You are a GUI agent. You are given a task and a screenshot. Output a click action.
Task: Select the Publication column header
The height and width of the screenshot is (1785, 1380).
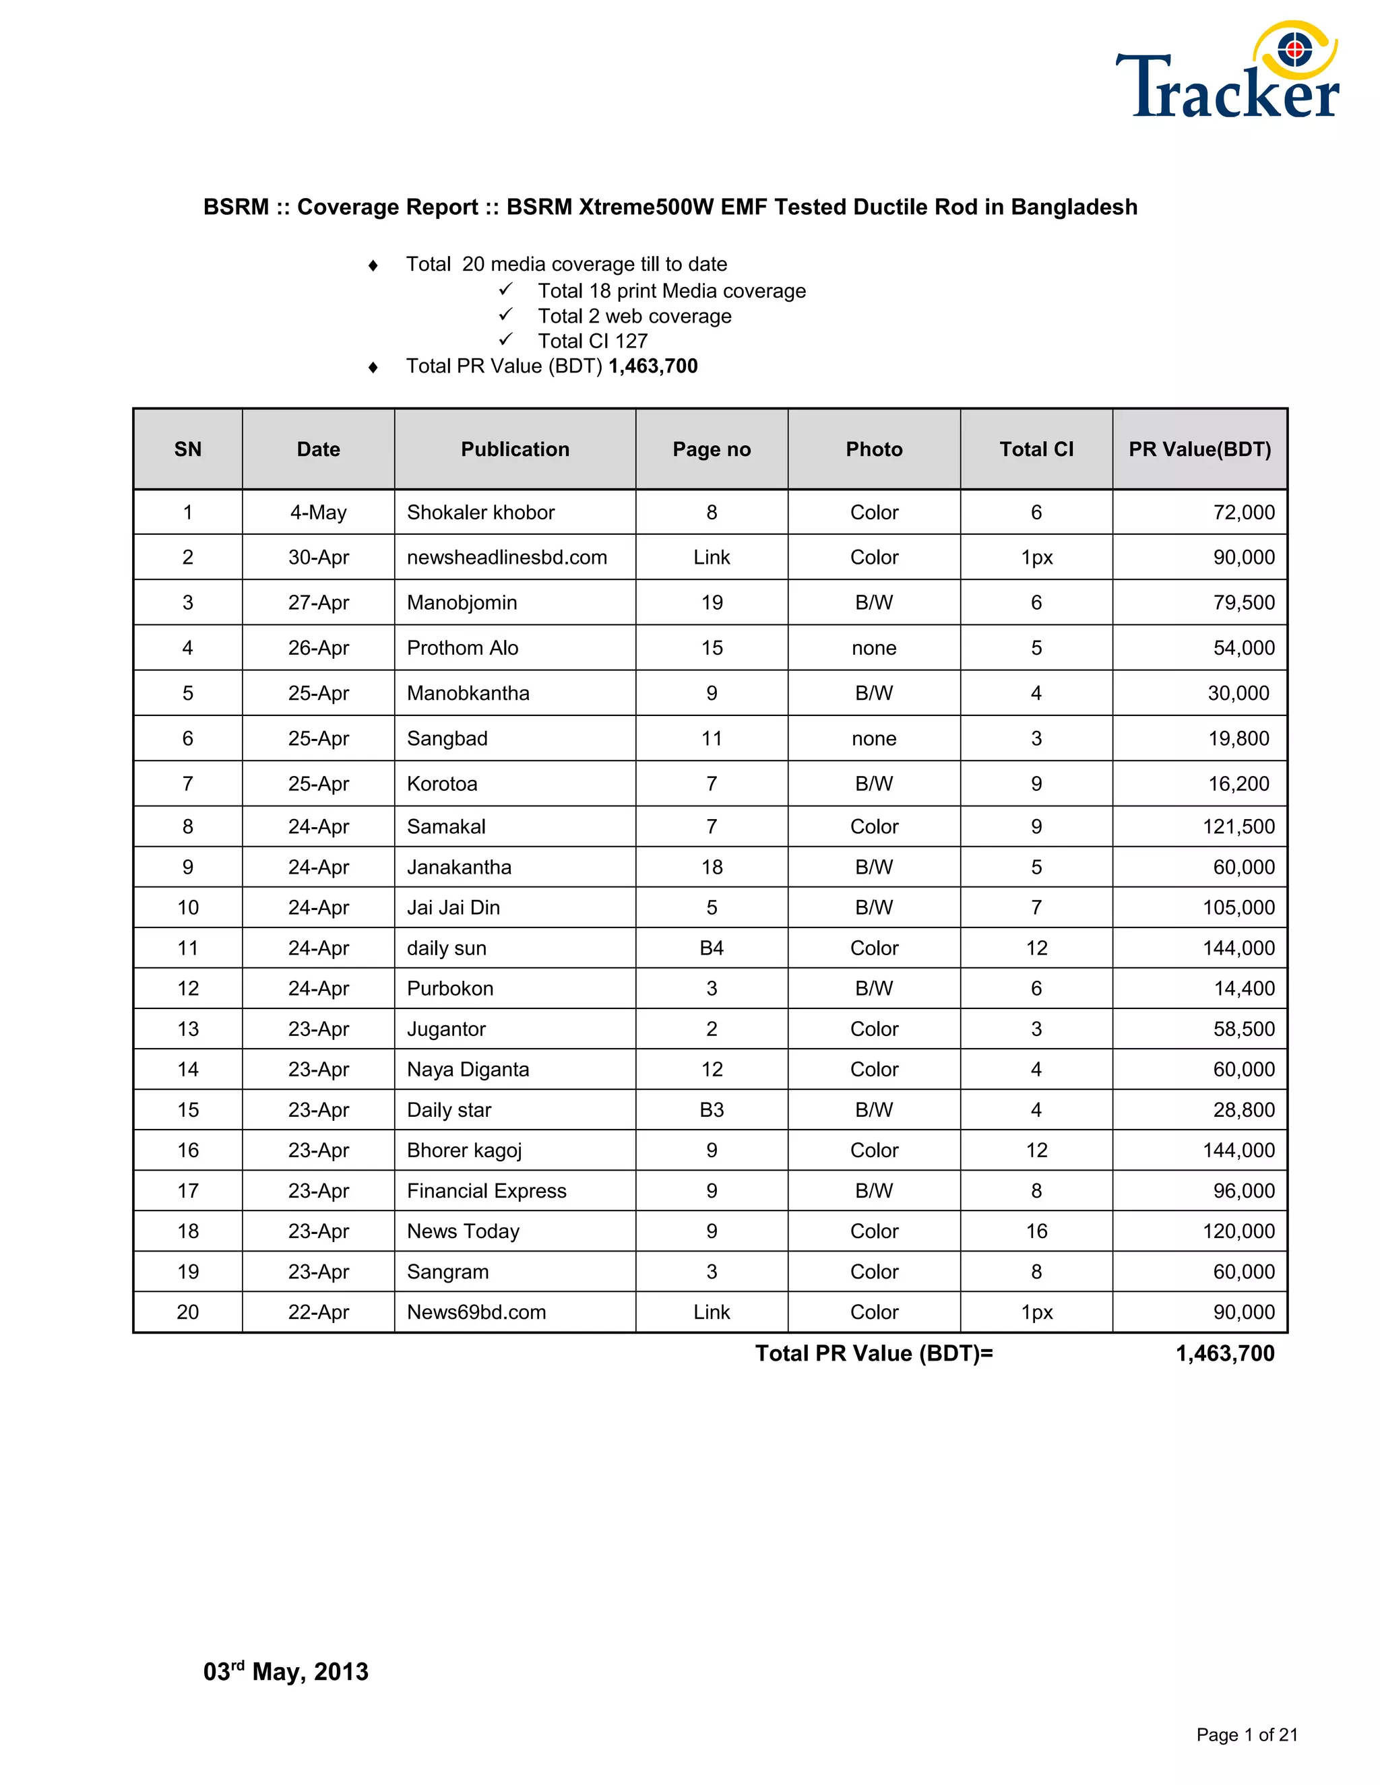point(515,449)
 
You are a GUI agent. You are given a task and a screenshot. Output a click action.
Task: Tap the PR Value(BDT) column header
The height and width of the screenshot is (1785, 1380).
point(1199,449)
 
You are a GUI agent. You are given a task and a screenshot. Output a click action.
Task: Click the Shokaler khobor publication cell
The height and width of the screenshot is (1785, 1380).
point(480,513)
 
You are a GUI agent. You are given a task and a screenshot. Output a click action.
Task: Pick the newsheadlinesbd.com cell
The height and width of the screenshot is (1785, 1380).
point(507,558)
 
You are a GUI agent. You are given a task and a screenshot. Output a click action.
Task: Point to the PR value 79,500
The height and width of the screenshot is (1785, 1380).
point(1243,602)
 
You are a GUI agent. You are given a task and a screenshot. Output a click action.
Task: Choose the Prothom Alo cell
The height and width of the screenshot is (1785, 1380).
point(463,648)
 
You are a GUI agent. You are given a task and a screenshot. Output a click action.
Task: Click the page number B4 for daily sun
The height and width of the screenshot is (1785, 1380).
point(712,948)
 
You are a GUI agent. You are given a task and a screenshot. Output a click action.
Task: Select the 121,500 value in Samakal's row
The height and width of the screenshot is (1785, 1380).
point(1238,826)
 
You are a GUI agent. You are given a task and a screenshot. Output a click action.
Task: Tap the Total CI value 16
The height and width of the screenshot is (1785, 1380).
point(1036,1231)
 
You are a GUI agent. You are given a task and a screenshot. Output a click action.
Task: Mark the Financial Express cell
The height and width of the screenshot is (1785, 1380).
point(487,1191)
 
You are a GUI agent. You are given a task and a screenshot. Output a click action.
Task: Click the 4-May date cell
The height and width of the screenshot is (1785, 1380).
point(318,513)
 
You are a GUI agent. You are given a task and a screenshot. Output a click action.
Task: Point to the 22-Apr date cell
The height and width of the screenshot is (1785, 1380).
point(318,1311)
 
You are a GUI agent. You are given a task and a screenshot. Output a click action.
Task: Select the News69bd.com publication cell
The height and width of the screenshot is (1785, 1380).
point(476,1311)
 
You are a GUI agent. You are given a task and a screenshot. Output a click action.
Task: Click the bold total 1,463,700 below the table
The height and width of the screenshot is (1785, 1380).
point(1224,1353)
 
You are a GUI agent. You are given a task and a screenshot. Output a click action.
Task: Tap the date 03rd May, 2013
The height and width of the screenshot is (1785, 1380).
point(286,1671)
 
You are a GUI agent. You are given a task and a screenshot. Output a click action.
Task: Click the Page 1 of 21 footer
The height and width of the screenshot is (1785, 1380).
point(1247,1734)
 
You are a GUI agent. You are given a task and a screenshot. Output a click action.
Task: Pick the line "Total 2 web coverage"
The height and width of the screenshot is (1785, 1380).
point(634,317)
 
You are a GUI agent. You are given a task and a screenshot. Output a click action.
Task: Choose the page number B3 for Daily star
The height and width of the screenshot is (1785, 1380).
point(712,1110)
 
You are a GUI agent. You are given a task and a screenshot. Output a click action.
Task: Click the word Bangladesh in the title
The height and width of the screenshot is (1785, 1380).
point(1073,207)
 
